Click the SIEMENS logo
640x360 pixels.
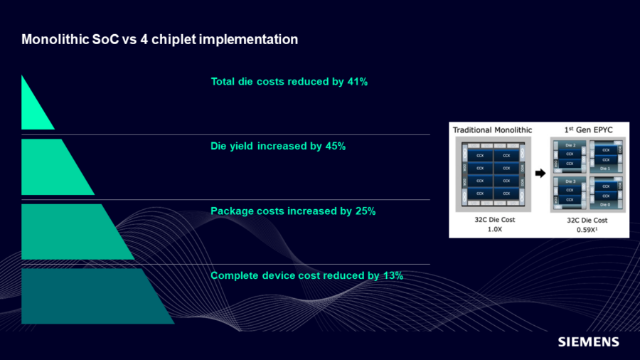588,342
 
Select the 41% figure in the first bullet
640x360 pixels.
357,82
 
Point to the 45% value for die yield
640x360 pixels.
335,147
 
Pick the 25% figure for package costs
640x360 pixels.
365,211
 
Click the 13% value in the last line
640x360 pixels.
393,275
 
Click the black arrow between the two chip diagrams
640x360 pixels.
540,173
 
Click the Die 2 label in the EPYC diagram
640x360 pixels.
570,145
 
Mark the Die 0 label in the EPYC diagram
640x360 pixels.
606,203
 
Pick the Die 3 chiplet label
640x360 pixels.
570,182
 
